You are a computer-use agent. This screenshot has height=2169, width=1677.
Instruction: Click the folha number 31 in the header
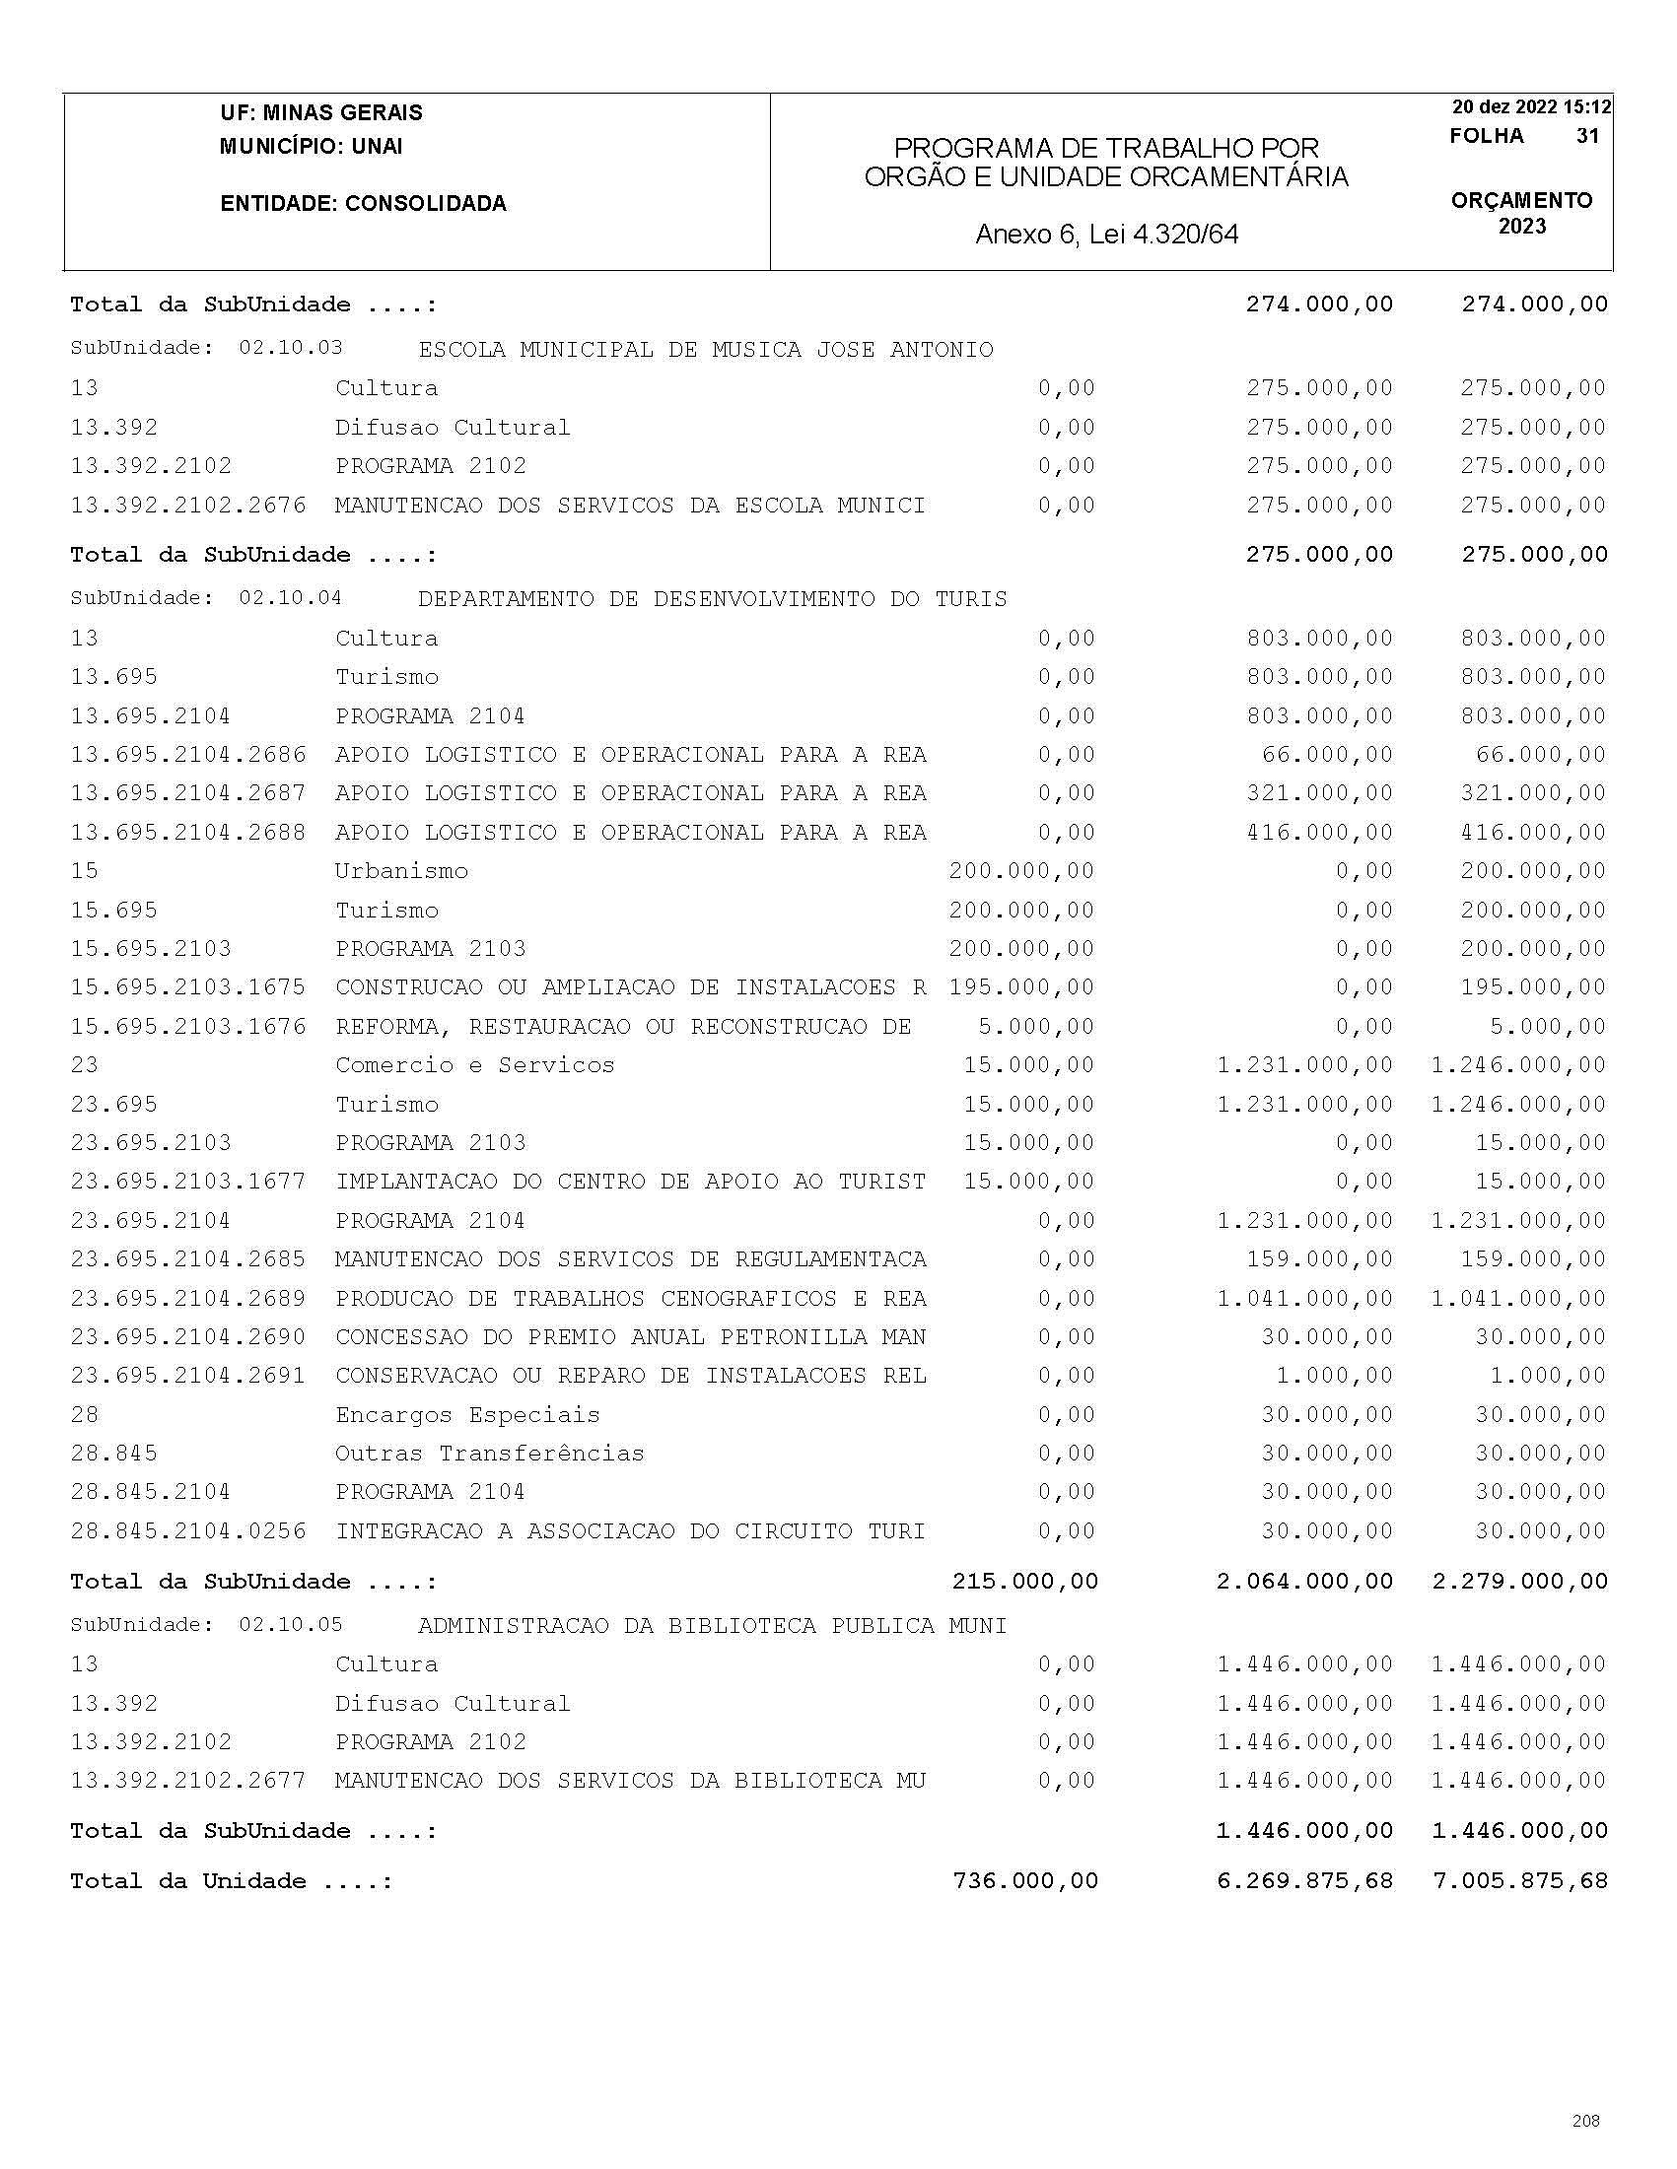click(x=1586, y=136)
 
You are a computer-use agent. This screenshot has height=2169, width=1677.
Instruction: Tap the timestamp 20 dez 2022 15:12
click(x=1531, y=107)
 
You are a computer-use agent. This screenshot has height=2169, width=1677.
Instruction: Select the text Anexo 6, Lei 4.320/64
click(x=1107, y=235)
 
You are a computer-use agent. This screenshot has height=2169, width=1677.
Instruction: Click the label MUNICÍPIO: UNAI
click(x=311, y=147)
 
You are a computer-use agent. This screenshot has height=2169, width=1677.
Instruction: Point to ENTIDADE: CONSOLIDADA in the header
click(x=363, y=204)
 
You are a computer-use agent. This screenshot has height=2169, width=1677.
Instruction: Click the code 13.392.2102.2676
click(x=187, y=506)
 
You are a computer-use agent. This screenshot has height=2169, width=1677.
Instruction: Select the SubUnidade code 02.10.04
click(x=290, y=598)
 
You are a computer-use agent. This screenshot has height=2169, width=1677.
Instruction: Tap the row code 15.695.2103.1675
click(x=187, y=987)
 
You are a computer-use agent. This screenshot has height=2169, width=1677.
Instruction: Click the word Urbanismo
click(x=401, y=871)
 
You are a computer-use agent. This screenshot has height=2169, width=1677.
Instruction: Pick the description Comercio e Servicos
click(x=475, y=1065)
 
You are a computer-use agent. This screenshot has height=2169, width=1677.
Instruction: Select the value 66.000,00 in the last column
click(x=1540, y=755)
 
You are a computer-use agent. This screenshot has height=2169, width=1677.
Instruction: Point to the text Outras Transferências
click(x=490, y=1454)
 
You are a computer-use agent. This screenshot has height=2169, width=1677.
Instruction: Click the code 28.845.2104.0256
click(x=187, y=1531)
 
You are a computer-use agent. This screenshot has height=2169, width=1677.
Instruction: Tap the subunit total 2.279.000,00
click(x=1519, y=1581)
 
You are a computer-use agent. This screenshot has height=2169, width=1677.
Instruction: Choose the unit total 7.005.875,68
click(x=1519, y=1881)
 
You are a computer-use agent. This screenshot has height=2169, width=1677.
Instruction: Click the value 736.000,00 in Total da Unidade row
click(x=1025, y=1881)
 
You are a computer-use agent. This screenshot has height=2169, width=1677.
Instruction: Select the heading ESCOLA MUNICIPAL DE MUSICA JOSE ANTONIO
click(x=705, y=350)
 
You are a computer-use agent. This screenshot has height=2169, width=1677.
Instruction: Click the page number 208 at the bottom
click(x=1585, y=2121)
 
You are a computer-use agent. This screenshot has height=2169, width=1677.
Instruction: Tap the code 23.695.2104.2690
click(x=187, y=1337)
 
